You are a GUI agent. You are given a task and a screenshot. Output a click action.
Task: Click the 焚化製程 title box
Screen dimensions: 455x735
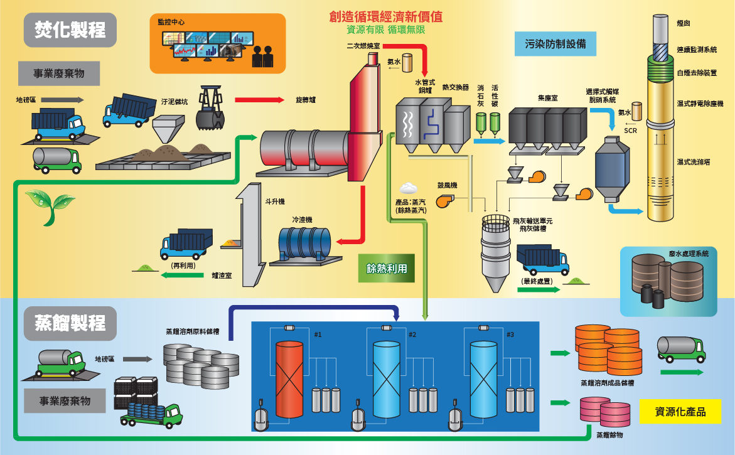pyautogui.click(x=70, y=29)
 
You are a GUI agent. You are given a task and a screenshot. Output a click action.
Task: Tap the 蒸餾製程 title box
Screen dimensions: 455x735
pyautogui.click(x=70, y=323)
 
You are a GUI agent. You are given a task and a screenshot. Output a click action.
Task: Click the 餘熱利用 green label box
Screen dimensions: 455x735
pyautogui.click(x=387, y=268)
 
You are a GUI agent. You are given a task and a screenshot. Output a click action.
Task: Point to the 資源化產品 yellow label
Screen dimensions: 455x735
pyautogui.click(x=680, y=412)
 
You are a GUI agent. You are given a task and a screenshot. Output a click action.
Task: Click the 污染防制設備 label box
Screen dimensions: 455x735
pyautogui.click(x=555, y=44)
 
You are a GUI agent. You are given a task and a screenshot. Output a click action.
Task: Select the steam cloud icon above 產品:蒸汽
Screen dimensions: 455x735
pyautogui.click(x=409, y=188)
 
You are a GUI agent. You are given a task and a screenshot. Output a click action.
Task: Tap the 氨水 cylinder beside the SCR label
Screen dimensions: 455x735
pyautogui.click(x=637, y=111)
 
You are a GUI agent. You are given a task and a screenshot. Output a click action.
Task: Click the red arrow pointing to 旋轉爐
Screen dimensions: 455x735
pyautogui.click(x=258, y=100)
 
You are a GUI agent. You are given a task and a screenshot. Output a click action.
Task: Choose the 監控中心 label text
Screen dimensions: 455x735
pyautogui.click(x=171, y=22)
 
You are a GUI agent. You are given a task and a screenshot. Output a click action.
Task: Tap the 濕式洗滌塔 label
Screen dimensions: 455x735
pyautogui.click(x=693, y=162)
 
